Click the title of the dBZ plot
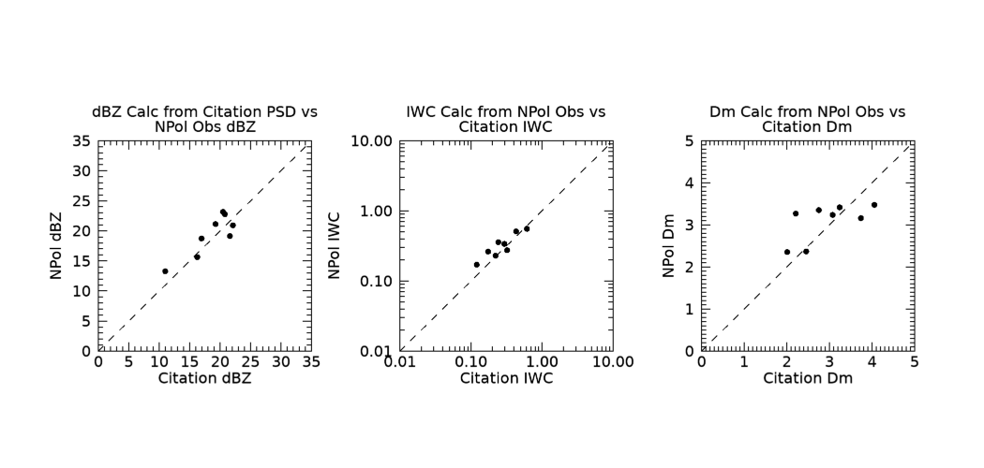coord(204,118)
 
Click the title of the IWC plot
coord(506,118)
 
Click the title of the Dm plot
coord(807,118)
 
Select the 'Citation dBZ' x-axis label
coord(205,378)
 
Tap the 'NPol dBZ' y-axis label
coord(57,245)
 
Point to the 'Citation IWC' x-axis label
coord(506,378)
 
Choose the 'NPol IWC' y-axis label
coord(335,245)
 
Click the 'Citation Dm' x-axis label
coord(807,378)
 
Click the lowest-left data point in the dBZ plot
coord(165,271)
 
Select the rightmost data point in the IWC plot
coord(527,228)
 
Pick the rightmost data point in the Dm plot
coord(874,205)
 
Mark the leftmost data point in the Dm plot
coord(787,252)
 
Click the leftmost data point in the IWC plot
coord(477,265)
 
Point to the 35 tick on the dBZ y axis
coord(82,141)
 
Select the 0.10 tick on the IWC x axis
coord(470,361)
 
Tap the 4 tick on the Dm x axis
coord(871,361)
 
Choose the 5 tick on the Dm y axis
coord(690,141)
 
